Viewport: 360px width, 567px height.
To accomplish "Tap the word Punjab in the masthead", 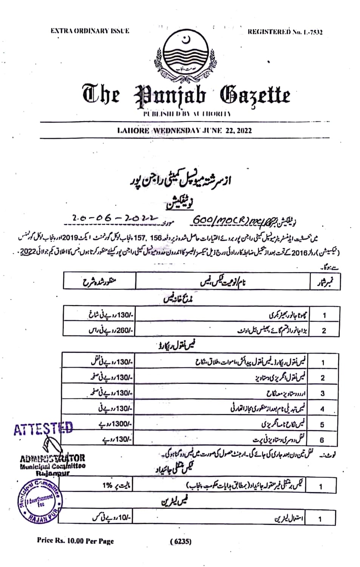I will click(x=170, y=96).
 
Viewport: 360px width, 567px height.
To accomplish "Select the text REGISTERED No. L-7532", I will click(x=285, y=32).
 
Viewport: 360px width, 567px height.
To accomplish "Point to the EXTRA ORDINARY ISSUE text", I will click(x=90, y=31).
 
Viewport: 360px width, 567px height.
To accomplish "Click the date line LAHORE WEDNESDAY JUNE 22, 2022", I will click(x=184, y=131).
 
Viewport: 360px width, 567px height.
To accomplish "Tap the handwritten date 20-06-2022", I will click(x=114, y=218).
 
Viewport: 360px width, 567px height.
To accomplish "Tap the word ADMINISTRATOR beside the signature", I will click(x=53, y=459).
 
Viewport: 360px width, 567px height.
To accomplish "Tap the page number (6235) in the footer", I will click(x=181, y=541).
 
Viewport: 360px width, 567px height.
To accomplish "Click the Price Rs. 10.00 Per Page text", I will click(x=75, y=541).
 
